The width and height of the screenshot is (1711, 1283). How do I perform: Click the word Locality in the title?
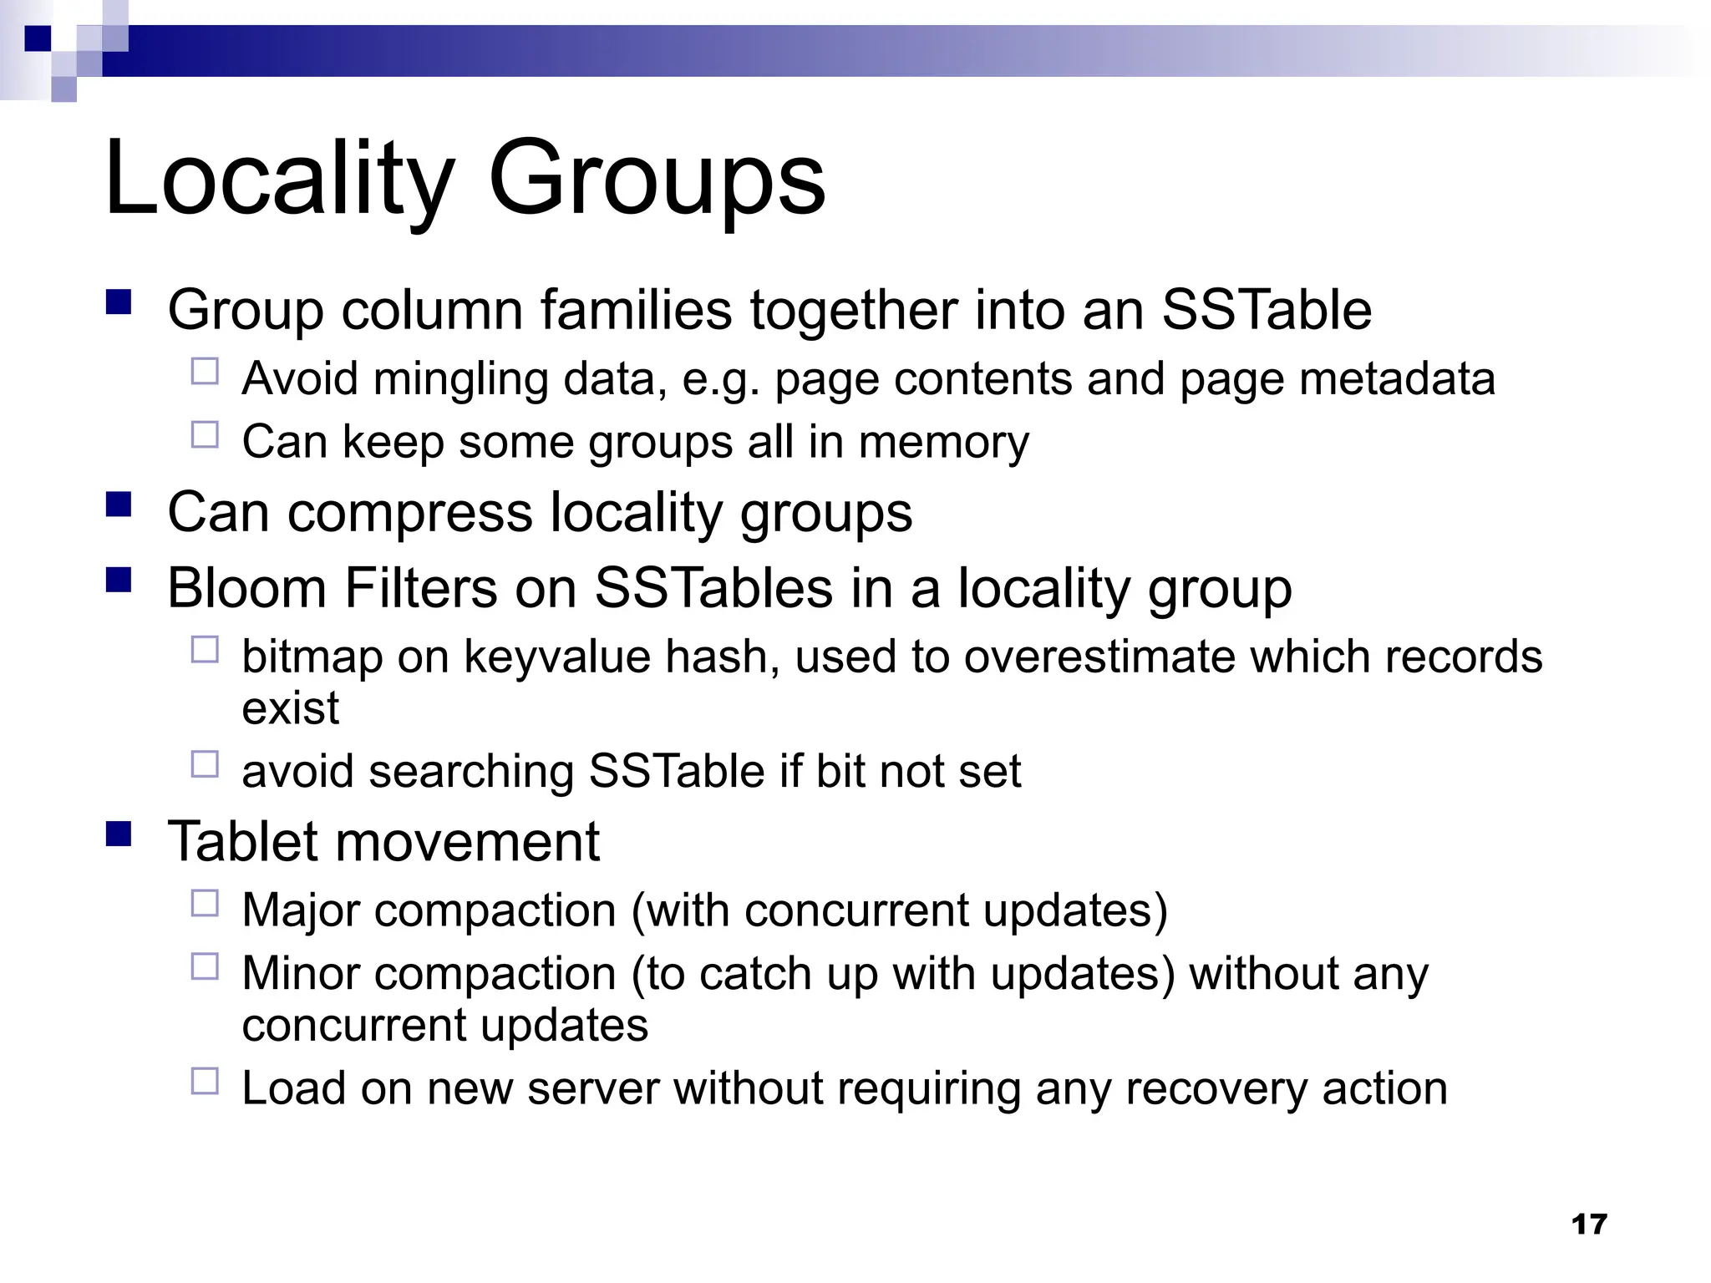(x=280, y=180)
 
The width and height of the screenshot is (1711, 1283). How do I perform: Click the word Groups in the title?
(x=657, y=180)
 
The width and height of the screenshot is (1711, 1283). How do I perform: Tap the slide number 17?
(x=1588, y=1225)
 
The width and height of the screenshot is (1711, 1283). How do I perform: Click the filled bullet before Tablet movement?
(x=119, y=834)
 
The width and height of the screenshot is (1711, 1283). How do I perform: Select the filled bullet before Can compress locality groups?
(x=119, y=505)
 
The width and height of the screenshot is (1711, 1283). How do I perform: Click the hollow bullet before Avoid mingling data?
(x=205, y=372)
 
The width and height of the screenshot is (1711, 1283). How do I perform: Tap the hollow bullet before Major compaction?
(x=205, y=903)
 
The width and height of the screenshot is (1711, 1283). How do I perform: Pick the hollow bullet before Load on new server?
(x=205, y=1082)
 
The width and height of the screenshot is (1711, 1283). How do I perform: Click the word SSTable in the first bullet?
(x=1267, y=310)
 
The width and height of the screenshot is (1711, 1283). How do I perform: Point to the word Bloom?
(x=246, y=588)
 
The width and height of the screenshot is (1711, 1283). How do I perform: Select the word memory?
(x=944, y=442)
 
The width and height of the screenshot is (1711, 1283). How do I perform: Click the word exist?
(x=290, y=708)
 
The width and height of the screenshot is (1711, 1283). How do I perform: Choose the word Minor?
(x=302, y=974)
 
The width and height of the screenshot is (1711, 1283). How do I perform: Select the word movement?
(x=467, y=841)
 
